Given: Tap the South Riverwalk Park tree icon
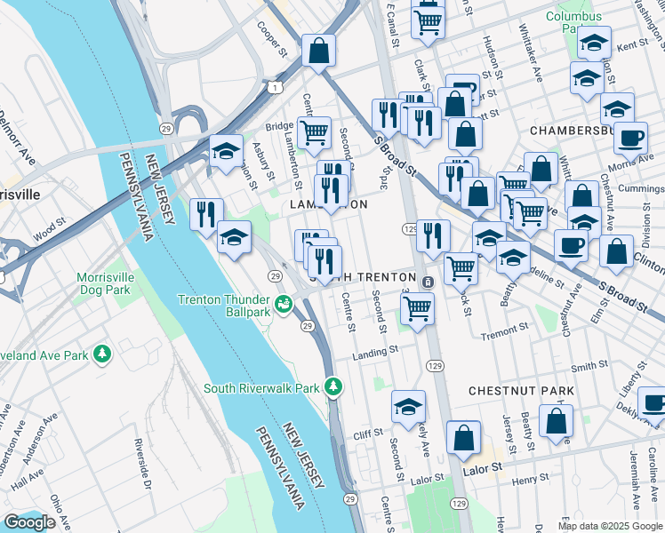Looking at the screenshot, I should coord(333,386).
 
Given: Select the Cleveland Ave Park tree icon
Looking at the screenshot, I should coord(103,354).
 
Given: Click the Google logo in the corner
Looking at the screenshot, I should coord(29,522).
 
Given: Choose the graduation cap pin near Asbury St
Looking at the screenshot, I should coord(226,151).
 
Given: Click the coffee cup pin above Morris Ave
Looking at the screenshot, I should coord(630,139).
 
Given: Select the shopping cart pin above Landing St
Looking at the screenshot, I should coord(416,308).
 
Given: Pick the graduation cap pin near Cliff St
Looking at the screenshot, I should coord(407,406).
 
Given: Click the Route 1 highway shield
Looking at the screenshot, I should coord(277,86).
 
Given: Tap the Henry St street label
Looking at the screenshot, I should coord(531,481).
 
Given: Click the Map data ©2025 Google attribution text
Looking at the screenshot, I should coord(610,526).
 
